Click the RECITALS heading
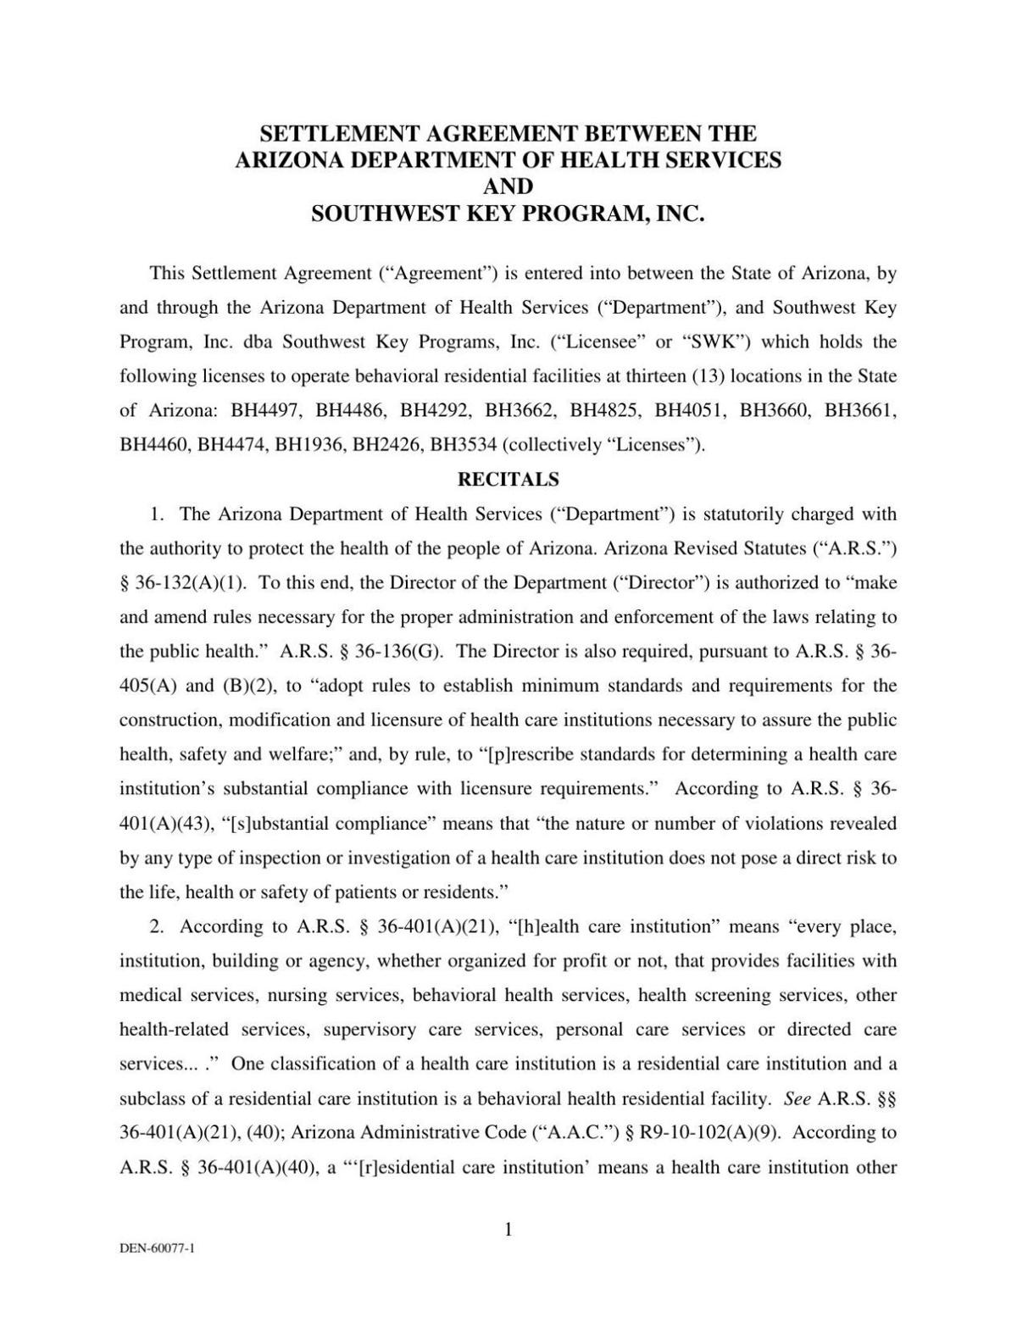[508, 480]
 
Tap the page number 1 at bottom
[508, 1230]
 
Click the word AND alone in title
[508, 186]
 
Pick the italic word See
[797, 1099]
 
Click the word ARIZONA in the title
[290, 160]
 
